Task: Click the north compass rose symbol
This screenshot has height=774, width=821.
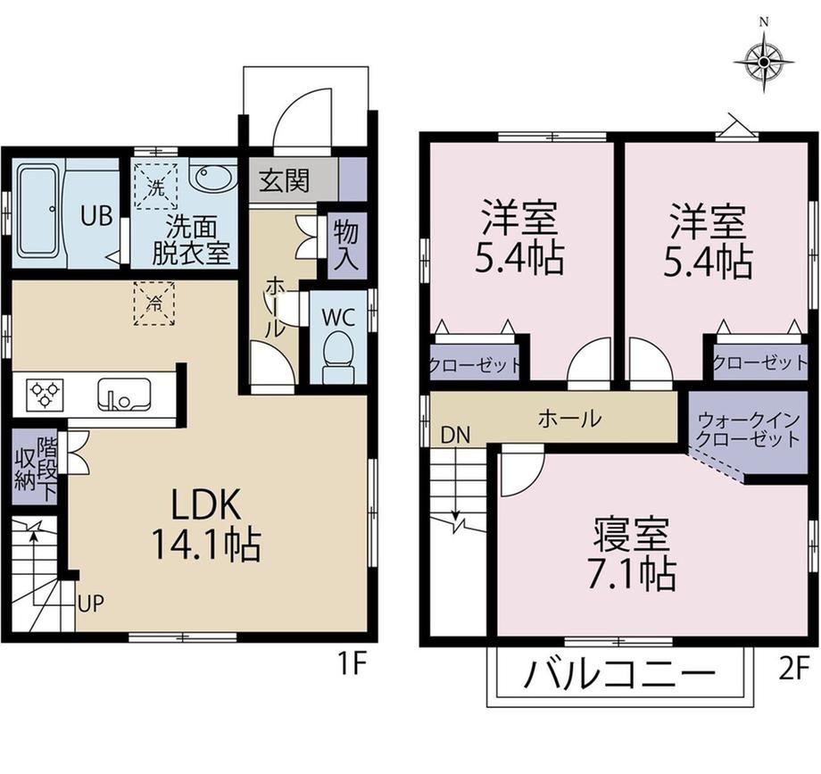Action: (x=764, y=62)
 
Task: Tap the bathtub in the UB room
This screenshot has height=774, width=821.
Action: (x=39, y=211)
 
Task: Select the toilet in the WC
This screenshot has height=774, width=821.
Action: (x=338, y=359)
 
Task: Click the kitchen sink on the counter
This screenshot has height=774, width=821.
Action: (x=124, y=394)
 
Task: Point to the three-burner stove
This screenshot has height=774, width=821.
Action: (x=46, y=395)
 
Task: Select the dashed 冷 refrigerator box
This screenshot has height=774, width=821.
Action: (x=153, y=304)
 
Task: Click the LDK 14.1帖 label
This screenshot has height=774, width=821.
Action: (x=206, y=524)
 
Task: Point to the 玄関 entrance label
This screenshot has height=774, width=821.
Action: (x=285, y=180)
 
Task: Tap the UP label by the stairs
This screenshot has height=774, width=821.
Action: (x=91, y=603)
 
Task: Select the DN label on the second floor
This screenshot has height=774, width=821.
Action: (x=455, y=435)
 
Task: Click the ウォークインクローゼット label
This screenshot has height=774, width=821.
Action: (x=749, y=429)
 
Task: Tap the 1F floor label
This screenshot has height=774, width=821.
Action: (x=351, y=665)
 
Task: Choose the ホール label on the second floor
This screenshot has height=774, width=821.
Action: (x=569, y=419)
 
